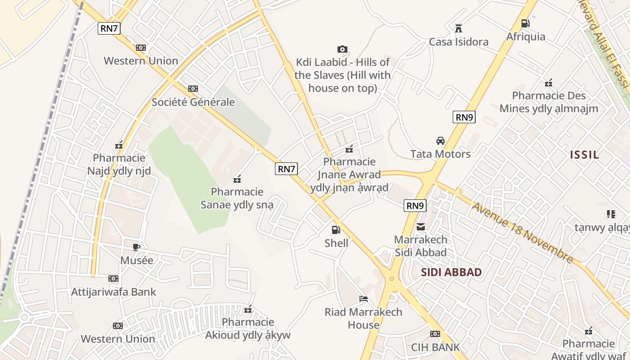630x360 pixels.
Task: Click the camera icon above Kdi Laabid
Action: [x=342, y=49]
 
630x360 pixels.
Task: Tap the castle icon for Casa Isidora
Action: [x=458, y=28]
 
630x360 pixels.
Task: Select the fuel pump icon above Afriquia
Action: [x=525, y=23]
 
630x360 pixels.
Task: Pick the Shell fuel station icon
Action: [x=336, y=230]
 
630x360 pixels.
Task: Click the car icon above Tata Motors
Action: [x=440, y=141]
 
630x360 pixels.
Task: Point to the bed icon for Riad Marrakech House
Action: [x=363, y=299]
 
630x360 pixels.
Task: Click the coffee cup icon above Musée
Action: [x=136, y=247]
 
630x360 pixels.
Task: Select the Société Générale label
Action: [x=193, y=102]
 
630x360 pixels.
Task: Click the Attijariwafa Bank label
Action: [x=113, y=292]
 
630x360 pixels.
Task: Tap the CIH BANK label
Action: [x=435, y=347]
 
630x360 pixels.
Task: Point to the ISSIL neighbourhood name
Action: [x=585, y=155]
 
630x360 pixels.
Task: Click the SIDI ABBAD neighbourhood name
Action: [x=451, y=272]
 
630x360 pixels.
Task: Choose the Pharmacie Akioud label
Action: [x=248, y=328]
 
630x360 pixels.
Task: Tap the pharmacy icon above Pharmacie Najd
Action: [x=119, y=145]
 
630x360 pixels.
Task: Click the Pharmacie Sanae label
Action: [x=237, y=198]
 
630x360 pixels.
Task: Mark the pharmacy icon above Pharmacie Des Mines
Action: [x=548, y=83]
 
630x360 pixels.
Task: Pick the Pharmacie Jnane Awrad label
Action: [x=349, y=174]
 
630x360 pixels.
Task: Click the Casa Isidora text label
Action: [x=458, y=42]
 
